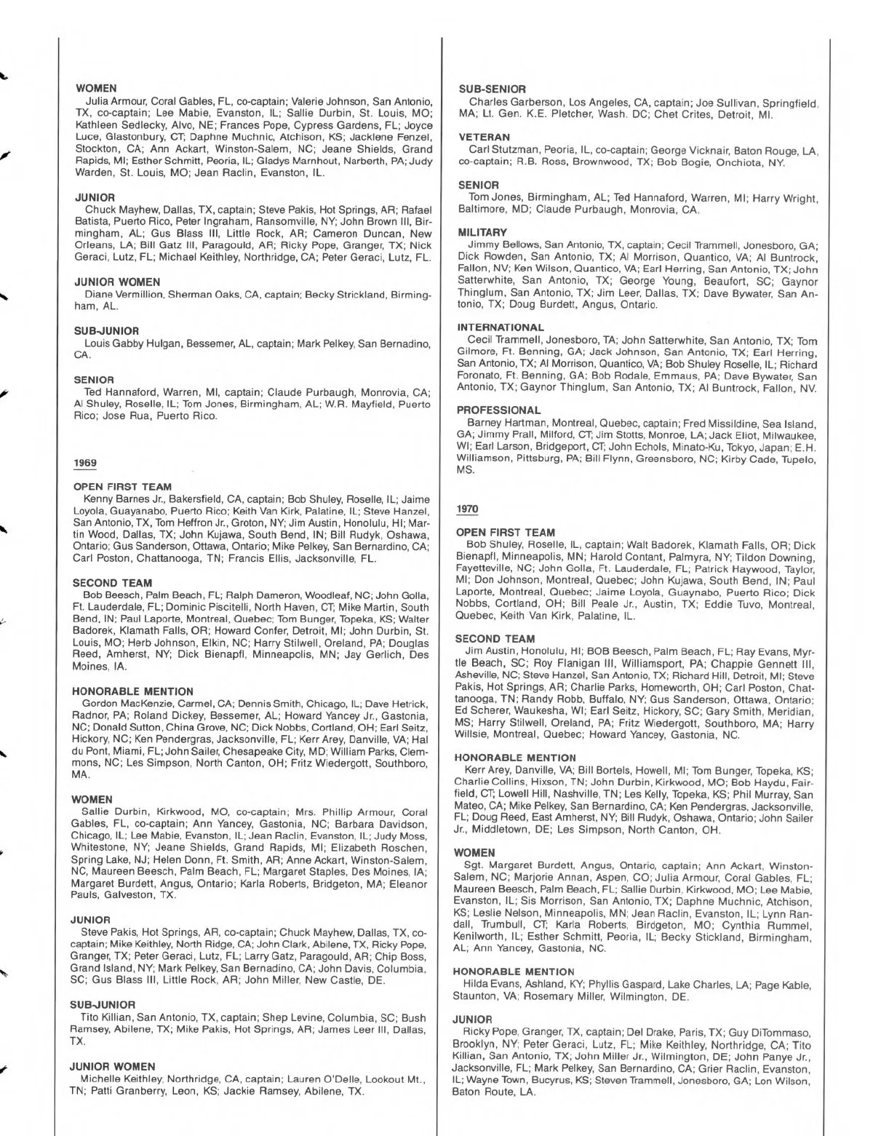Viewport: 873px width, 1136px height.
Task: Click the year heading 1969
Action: coord(85,464)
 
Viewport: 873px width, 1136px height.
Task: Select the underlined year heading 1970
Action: coord(466,509)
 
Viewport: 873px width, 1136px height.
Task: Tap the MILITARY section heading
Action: coord(482,233)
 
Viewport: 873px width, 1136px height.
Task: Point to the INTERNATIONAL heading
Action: coord(501,327)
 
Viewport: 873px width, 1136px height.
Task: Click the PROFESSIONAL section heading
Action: coord(498,410)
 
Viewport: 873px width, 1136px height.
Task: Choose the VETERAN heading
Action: coord(484,137)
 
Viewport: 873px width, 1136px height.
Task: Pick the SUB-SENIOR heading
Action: coord(493,89)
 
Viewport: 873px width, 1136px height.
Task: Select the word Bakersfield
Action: coord(196,500)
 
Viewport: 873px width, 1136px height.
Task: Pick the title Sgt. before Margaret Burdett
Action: coord(473,867)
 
